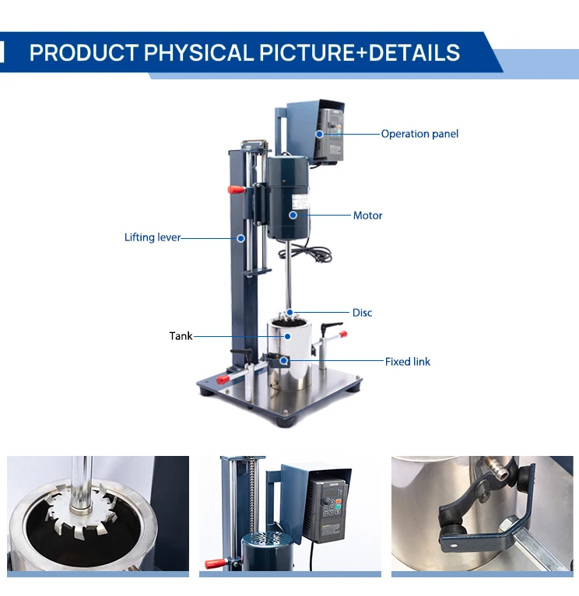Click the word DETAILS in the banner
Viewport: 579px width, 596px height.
(414, 52)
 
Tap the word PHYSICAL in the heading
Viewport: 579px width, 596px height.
(198, 52)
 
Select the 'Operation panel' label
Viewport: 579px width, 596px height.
(419, 134)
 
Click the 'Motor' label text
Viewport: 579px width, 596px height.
(367, 216)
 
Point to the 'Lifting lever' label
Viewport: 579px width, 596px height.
(153, 237)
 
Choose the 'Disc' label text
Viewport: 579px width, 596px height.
(363, 313)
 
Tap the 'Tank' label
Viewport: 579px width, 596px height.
(181, 336)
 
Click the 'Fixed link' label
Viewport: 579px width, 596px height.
(408, 362)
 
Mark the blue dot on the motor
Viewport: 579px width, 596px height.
(293, 216)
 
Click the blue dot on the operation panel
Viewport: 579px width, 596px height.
(320, 134)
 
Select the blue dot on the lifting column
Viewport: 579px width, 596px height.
(240, 238)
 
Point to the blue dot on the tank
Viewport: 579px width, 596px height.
(288, 336)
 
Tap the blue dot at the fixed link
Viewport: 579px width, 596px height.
(283, 360)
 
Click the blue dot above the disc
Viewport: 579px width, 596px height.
(289, 313)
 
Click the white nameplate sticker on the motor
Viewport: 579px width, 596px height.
(300, 206)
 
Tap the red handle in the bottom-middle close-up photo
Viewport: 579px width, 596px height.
(216, 563)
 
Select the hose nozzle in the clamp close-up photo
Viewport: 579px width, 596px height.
(494, 468)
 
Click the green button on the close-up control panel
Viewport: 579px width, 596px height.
(338, 506)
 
